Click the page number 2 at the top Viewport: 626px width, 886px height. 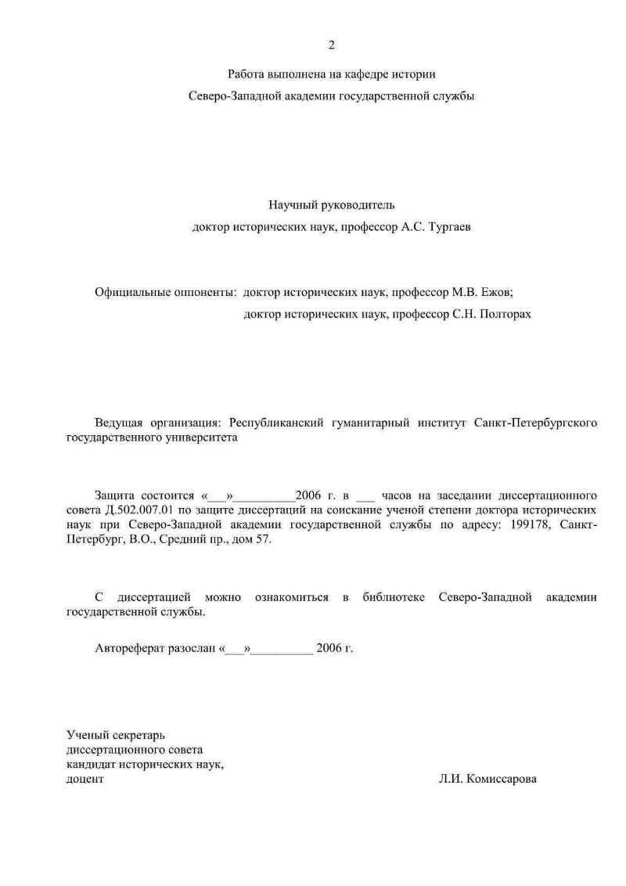331,45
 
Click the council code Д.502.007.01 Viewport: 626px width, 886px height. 135,510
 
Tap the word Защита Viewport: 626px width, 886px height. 114,495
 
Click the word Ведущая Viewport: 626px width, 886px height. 118,423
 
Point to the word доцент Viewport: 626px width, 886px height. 85,780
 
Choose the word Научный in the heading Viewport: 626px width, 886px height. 290,205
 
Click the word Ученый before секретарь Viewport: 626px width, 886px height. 87,735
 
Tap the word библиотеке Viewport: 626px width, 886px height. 394,598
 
